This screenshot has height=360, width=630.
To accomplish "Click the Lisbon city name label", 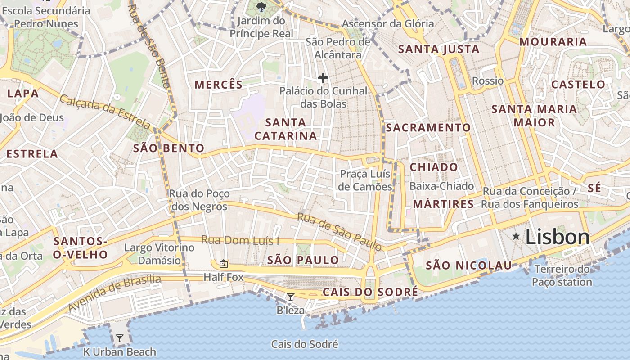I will point(557,237).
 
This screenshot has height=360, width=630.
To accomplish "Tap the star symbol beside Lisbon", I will point(516,236).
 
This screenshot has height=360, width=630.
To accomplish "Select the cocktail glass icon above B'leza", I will point(291,297).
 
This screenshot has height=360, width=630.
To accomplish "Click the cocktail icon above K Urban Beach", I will point(119,338).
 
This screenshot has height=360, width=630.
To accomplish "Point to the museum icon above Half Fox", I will point(223,263).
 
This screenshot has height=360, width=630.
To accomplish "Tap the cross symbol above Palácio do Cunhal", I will point(323,78).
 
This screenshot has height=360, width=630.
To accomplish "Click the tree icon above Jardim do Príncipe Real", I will point(261,7).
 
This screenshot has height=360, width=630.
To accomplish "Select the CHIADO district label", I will point(434,167).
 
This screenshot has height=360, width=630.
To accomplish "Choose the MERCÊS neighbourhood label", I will point(218,84).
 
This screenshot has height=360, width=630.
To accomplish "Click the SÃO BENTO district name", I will point(169,148).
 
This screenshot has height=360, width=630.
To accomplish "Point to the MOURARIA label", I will point(553,42).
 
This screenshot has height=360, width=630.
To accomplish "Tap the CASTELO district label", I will point(578,84).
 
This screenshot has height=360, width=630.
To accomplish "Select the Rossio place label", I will point(488,81).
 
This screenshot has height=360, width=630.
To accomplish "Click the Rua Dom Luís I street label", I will point(240,240).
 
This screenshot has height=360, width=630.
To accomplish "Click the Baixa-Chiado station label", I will point(441,186).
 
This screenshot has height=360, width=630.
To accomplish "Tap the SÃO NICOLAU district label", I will point(469,265).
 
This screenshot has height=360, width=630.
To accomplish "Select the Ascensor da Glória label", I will point(388,23).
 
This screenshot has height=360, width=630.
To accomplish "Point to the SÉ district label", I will point(594,188).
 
